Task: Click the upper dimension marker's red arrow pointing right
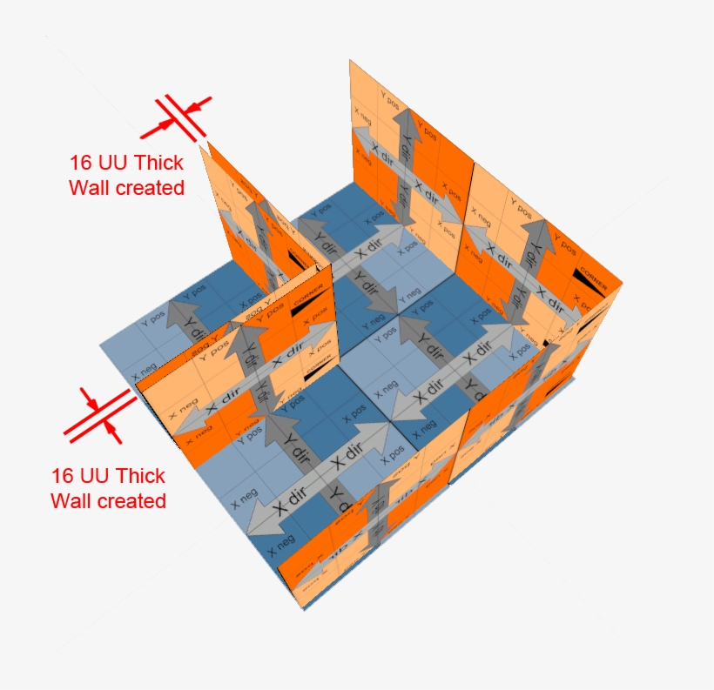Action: coord(156,127)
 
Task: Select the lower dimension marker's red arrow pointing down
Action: coord(89,398)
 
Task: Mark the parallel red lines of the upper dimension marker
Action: coord(178,117)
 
